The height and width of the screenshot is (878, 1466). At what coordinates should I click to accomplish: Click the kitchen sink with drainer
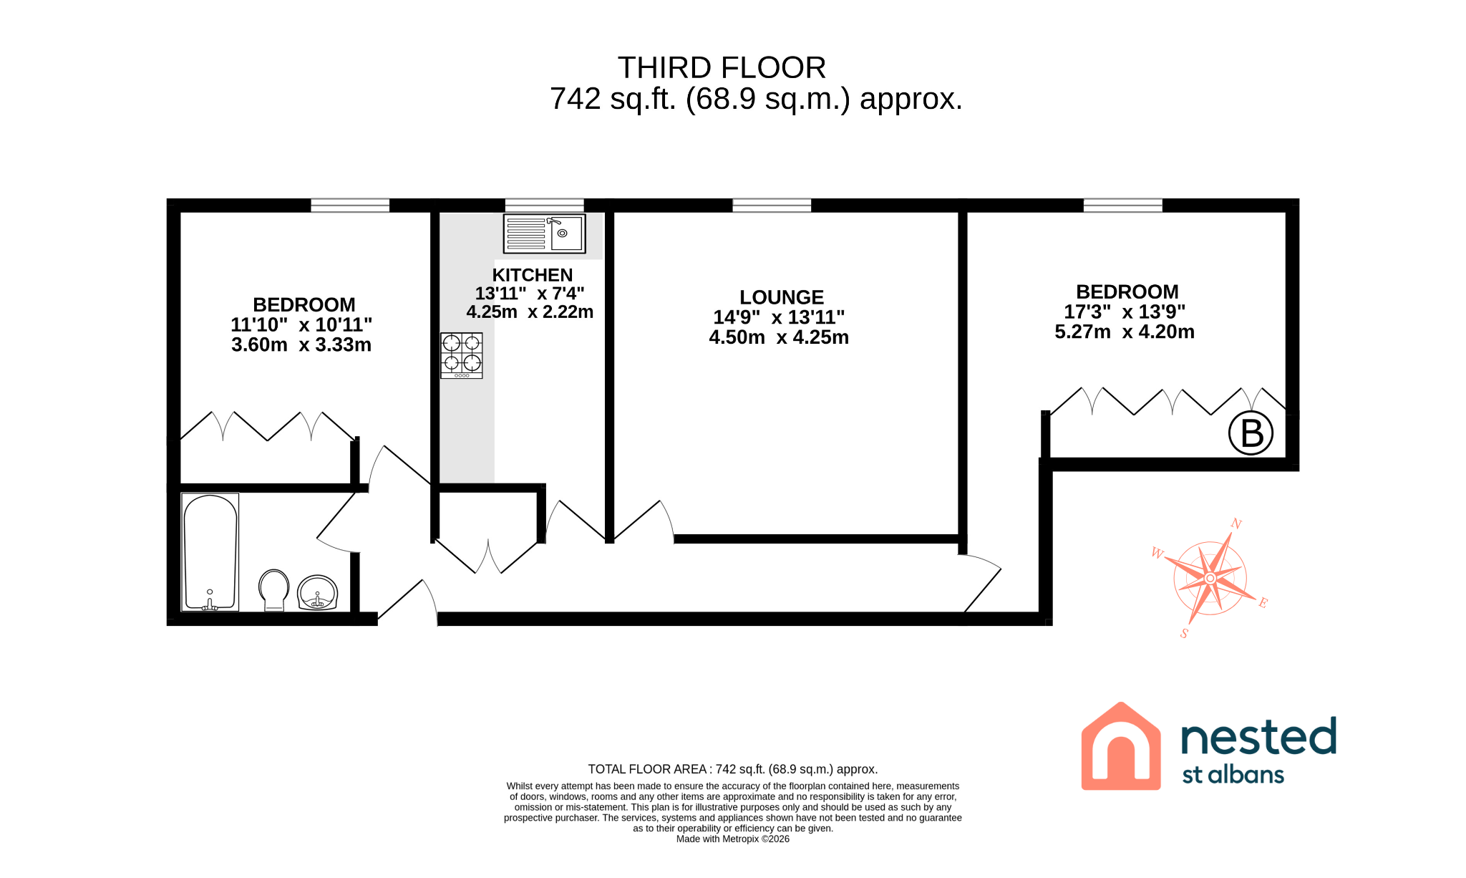point(544,233)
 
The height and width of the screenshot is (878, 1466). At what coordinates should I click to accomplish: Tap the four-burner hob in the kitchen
point(462,355)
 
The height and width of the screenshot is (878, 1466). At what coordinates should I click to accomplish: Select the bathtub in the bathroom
point(210,552)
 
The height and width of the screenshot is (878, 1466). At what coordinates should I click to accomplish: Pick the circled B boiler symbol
point(1251,433)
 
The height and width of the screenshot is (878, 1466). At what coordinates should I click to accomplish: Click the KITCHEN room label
point(533,275)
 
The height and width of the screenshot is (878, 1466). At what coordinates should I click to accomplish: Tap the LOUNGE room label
point(782,297)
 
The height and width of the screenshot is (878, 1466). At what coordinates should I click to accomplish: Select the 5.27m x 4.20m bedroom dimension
point(1125,332)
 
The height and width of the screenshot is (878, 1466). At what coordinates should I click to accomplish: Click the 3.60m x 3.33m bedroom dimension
point(301,344)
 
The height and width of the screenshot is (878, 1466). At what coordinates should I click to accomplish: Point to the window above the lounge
point(772,206)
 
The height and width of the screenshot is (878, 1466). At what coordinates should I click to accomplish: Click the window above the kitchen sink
point(544,206)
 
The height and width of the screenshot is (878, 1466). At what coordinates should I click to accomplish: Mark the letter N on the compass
point(1236,524)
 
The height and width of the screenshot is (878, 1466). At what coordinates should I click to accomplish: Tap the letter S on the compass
point(1185,633)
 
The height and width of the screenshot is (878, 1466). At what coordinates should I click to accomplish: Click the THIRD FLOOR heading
point(722,68)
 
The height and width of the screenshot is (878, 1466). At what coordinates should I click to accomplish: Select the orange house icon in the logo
point(1120,746)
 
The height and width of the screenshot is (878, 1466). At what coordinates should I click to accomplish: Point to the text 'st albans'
point(1233,775)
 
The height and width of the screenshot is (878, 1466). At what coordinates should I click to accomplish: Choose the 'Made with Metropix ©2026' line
point(733,839)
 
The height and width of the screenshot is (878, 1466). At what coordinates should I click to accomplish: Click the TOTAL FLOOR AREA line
point(733,769)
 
